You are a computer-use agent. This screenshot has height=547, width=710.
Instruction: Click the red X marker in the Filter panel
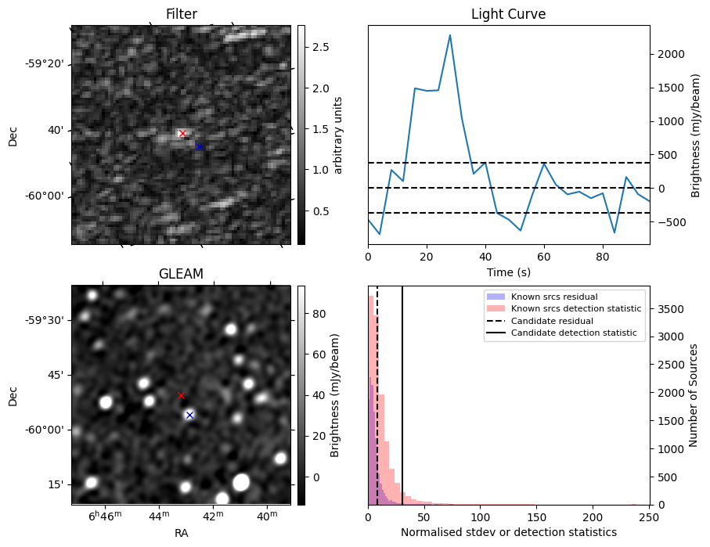click(182, 134)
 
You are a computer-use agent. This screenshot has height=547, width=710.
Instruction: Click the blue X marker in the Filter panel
click(199, 146)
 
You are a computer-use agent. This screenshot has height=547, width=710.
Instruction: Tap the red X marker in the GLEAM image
click(181, 396)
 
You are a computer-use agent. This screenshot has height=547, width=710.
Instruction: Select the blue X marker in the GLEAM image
click(189, 415)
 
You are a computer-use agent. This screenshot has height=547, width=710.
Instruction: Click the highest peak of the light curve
click(450, 35)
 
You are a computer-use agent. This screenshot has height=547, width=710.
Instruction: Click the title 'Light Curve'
click(508, 15)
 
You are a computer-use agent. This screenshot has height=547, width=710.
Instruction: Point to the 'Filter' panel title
click(181, 15)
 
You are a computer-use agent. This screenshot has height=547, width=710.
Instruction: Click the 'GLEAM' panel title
click(181, 274)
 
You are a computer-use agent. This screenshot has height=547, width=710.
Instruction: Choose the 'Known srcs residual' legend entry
click(553, 297)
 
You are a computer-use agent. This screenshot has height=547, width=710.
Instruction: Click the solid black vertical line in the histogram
click(402, 391)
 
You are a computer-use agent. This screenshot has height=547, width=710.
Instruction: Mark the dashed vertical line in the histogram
click(377, 391)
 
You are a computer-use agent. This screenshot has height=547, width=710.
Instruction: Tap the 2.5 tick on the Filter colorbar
click(319, 47)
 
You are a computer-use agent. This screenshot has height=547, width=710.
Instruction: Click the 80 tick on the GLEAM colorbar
click(317, 314)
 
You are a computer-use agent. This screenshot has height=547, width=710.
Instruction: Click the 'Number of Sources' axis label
click(693, 396)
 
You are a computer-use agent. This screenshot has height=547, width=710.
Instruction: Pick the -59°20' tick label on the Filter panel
click(45, 63)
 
